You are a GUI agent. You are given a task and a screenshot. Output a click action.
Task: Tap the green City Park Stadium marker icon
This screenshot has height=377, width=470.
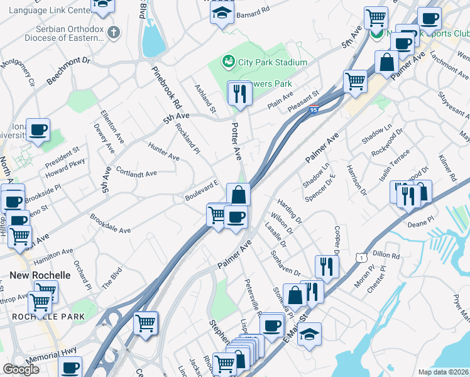[x=227, y=62]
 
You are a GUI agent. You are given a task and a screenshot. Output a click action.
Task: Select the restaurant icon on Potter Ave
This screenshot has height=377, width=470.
[x=239, y=94]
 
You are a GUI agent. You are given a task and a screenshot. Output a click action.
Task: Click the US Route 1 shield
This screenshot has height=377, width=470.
[x=360, y=258]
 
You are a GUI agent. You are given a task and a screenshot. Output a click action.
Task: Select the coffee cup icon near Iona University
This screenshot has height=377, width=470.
[x=38, y=130]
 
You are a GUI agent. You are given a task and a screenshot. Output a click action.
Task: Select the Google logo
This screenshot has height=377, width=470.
[x=21, y=370]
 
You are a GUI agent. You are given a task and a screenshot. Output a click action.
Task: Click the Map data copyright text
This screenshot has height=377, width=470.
[x=443, y=372]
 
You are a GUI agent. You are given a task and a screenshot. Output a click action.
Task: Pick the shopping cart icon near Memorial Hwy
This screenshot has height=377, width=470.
[x=146, y=324]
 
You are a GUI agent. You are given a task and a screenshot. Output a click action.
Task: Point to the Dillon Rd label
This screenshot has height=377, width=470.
[x=386, y=256]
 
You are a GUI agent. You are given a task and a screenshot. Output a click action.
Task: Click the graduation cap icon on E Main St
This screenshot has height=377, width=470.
[x=309, y=334]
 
